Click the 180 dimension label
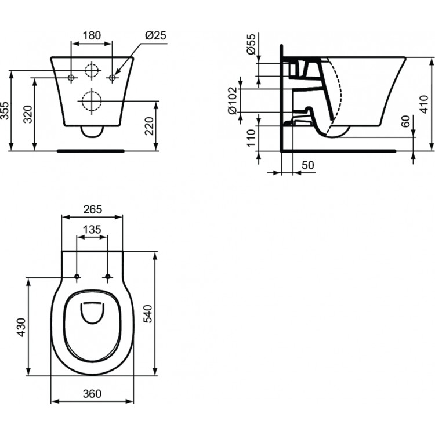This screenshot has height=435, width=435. [91, 35]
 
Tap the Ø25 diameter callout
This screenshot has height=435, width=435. [154, 35]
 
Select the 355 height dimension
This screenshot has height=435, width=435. [5, 110]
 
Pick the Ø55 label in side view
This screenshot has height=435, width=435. [251, 44]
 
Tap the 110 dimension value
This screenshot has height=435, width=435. [251, 139]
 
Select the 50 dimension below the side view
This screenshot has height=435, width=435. [307, 166]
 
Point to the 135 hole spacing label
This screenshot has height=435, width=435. [92, 230]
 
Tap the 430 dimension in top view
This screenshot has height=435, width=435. [20, 327]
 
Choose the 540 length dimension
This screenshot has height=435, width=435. [148, 314]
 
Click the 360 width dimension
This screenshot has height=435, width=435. [92, 394]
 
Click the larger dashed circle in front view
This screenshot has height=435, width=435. [91, 101]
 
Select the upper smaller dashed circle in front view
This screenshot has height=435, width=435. [92, 70]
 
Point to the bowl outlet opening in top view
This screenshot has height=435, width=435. [92, 313]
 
